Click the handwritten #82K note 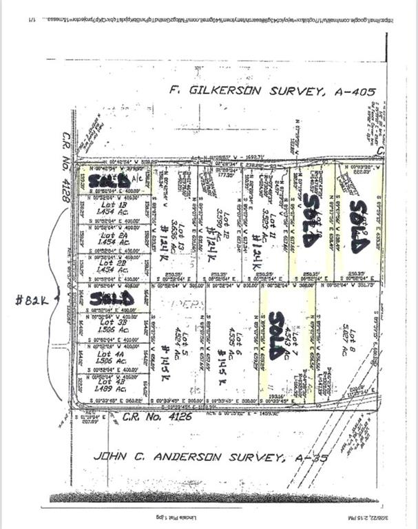(x=34, y=300)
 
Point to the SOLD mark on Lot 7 (x=276, y=335)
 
